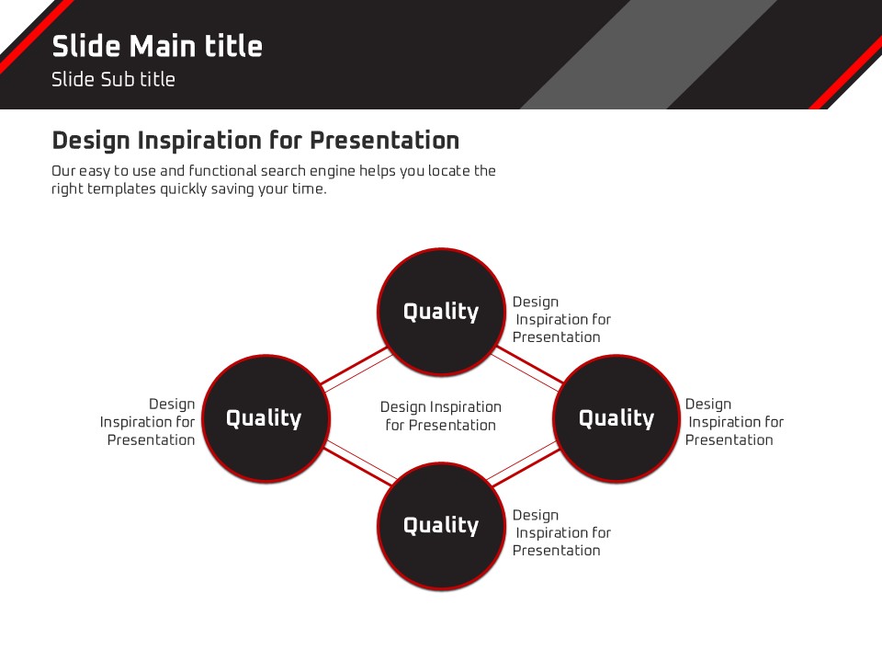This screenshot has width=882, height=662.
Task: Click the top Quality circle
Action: pos(441,312)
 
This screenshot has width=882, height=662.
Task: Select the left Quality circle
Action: pos(266,418)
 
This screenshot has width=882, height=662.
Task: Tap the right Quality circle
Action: pos(616,418)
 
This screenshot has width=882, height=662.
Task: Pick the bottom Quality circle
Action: pos(441,525)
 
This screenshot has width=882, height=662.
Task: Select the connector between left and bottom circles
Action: pos(360,463)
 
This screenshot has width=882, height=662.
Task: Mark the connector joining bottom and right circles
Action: pos(523,463)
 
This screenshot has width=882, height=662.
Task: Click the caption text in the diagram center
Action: pos(440,416)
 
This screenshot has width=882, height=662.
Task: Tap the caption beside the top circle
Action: pos(561,319)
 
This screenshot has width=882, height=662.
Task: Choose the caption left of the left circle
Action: pos(147,422)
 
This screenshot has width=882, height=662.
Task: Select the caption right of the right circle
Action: pos(734,422)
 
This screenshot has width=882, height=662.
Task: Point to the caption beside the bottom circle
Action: pos(561,532)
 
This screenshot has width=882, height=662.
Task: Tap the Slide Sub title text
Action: pos(113,79)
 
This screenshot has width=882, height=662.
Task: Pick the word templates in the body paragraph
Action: pos(121,188)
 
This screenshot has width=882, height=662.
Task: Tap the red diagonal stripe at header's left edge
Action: pos(36,35)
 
